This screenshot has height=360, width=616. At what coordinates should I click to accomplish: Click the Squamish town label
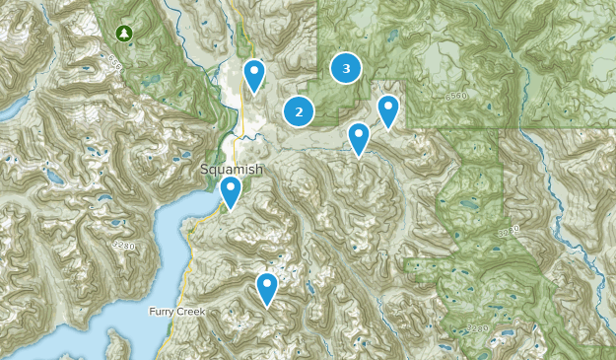[x=232, y=169]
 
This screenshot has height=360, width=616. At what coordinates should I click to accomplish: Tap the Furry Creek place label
[x=175, y=312]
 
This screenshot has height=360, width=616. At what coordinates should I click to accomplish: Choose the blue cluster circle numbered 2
[x=299, y=111]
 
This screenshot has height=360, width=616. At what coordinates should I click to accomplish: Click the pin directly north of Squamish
[x=254, y=75]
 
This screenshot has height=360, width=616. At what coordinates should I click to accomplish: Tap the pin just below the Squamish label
[x=231, y=191]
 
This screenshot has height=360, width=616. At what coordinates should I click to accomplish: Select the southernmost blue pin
[x=267, y=288]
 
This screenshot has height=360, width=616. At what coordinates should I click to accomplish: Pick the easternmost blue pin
[x=388, y=110]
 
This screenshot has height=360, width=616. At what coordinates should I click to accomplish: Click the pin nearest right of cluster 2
[x=359, y=138]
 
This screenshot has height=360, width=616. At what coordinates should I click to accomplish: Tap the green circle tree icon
[x=123, y=34]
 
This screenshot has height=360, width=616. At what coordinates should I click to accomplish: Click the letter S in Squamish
[x=204, y=169]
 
